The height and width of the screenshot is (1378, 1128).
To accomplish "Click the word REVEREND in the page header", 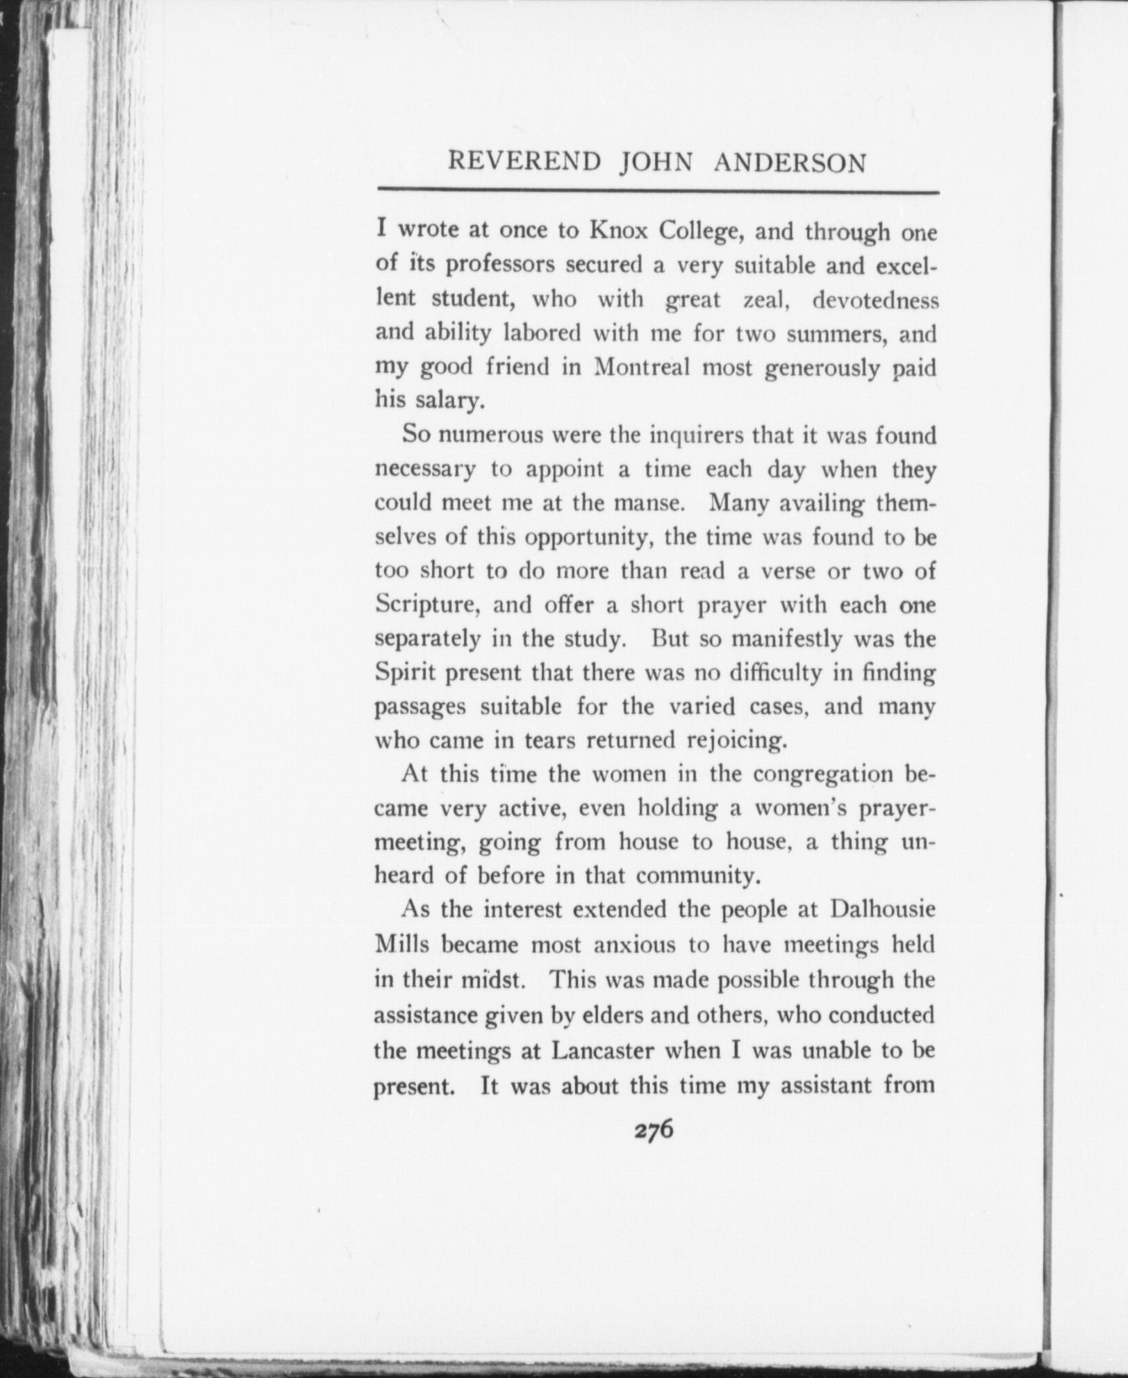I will [524, 162].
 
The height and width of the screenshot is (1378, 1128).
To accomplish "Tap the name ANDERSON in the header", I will [790, 163].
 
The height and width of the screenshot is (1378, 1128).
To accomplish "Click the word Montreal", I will [642, 367].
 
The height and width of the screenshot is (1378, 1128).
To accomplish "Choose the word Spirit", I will [406, 673].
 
